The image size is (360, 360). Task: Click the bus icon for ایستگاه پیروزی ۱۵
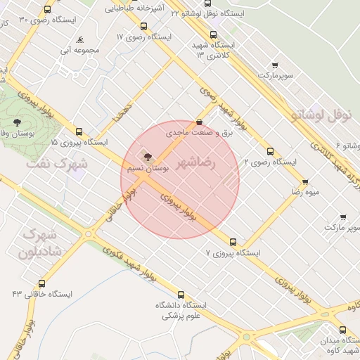point(79,131)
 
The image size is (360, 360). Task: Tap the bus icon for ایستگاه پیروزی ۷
point(233,241)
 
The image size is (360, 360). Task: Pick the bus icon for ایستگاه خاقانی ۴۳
point(42,283)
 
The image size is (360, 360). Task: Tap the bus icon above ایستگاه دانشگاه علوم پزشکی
point(181,295)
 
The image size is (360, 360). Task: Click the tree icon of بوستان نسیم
point(148,157)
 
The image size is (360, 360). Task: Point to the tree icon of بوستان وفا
point(17,121)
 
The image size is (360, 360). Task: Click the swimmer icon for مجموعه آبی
point(81,39)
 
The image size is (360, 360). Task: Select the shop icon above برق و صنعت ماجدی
point(199,121)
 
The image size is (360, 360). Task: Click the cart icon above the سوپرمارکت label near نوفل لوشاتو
point(274,65)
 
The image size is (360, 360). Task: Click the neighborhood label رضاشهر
point(198,163)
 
